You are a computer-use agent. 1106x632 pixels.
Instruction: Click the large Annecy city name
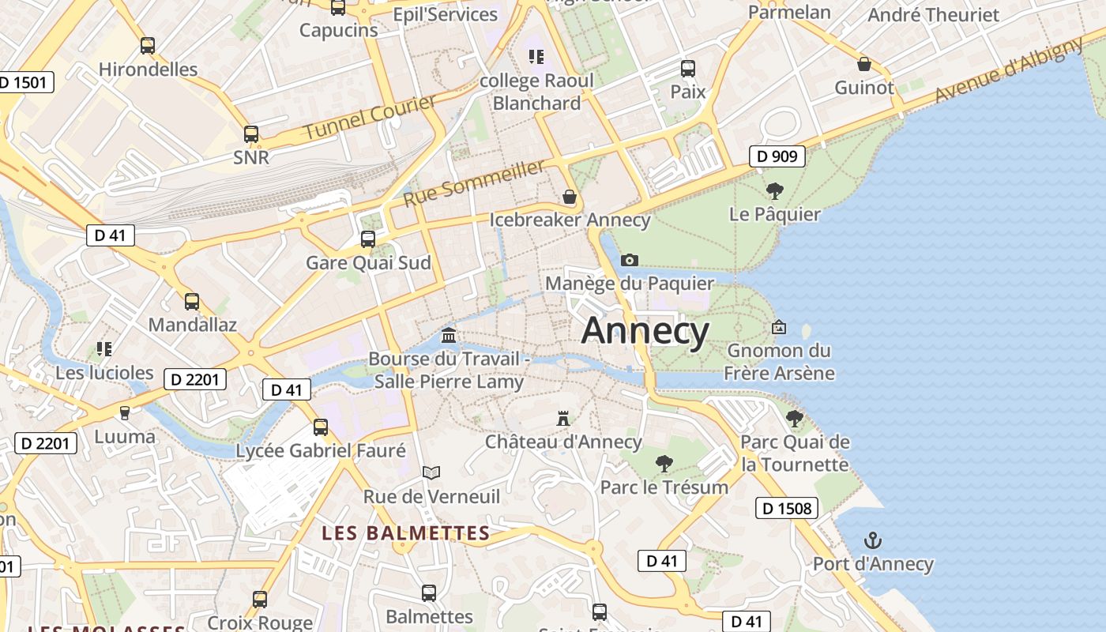[x=645, y=331]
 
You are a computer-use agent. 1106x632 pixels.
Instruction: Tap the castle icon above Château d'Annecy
[x=563, y=418]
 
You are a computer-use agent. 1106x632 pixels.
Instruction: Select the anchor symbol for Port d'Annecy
[x=873, y=541]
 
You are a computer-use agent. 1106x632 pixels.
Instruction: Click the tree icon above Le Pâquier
[x=774, y=190]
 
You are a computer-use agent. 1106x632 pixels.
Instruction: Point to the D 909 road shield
[x=777, y=156]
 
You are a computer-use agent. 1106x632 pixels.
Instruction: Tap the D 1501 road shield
[x=25, y=82]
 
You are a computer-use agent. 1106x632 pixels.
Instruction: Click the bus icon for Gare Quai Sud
[x=368, y=239]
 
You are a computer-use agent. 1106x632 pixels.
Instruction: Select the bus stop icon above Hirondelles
[x=148, y=45]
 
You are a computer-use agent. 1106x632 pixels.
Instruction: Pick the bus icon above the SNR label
[x=251, y=134]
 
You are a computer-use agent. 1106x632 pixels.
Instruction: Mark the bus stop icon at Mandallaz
[x=192, y=301]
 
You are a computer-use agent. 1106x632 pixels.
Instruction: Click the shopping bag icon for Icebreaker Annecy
[x=570, y=197]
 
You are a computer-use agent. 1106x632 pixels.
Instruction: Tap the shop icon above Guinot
[x=864, y=64]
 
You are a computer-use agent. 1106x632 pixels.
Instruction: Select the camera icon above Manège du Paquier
[x=630, y=260]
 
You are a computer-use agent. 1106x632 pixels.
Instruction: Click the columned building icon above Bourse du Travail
[x=449, y=336]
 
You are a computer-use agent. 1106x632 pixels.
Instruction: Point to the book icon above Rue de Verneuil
[x=431, y=472]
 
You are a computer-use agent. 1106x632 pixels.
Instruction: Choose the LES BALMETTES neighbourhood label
[x=406, y=533]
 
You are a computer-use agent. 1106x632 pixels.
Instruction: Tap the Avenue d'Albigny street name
[x=1009, y=70]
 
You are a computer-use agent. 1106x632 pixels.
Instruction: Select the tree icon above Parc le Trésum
[x=664, y=463]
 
